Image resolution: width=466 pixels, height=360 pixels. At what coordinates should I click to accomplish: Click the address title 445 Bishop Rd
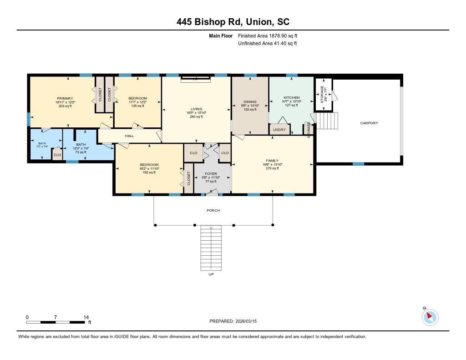[233, 22]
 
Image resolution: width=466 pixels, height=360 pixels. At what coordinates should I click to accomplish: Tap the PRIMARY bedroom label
[65, 98]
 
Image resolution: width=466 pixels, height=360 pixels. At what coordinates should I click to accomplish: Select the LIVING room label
[196, 109]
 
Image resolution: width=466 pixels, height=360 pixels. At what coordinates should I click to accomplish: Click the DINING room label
[250, 102]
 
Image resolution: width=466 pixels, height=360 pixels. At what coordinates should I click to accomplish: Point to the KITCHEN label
[292, 98]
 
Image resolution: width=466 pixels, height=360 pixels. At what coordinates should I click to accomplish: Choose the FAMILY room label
[272, 161]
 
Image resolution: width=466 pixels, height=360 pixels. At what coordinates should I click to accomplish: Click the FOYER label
[211, 174]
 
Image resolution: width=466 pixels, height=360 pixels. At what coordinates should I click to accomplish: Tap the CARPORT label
[369, 123]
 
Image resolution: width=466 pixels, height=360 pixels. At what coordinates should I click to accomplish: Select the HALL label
[129, 136]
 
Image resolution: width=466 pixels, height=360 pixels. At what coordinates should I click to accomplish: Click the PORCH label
[213, 210]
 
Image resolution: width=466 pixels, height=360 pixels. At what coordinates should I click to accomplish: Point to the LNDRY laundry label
[279, 130]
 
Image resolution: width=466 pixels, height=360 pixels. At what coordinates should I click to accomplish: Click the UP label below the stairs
[211, 274]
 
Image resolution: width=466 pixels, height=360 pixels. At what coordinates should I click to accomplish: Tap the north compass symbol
[430, 317]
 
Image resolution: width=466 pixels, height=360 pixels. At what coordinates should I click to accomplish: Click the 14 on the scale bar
[86, 317]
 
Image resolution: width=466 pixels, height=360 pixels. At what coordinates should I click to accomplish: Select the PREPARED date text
[236, 321]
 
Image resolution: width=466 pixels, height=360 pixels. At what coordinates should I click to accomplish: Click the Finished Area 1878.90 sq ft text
[268, 35]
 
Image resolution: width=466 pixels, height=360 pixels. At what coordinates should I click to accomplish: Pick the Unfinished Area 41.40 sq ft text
[268, 43]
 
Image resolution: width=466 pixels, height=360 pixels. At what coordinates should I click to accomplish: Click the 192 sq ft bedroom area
[149, 172]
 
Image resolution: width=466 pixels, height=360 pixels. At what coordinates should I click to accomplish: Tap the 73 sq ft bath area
[80, 152]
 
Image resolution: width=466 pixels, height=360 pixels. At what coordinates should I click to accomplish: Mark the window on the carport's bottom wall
[359, 164]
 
